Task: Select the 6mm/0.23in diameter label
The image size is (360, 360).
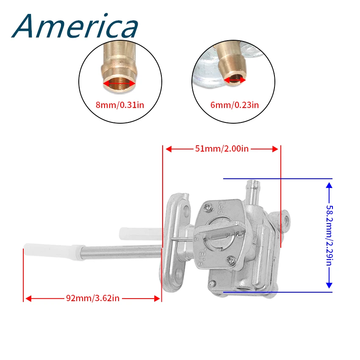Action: [x=234, y=105]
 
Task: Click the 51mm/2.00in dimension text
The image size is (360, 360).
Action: [x=221, y=149]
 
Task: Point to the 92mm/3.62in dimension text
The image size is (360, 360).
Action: [x=92, y=298]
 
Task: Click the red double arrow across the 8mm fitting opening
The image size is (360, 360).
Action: [x=119, y=84]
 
